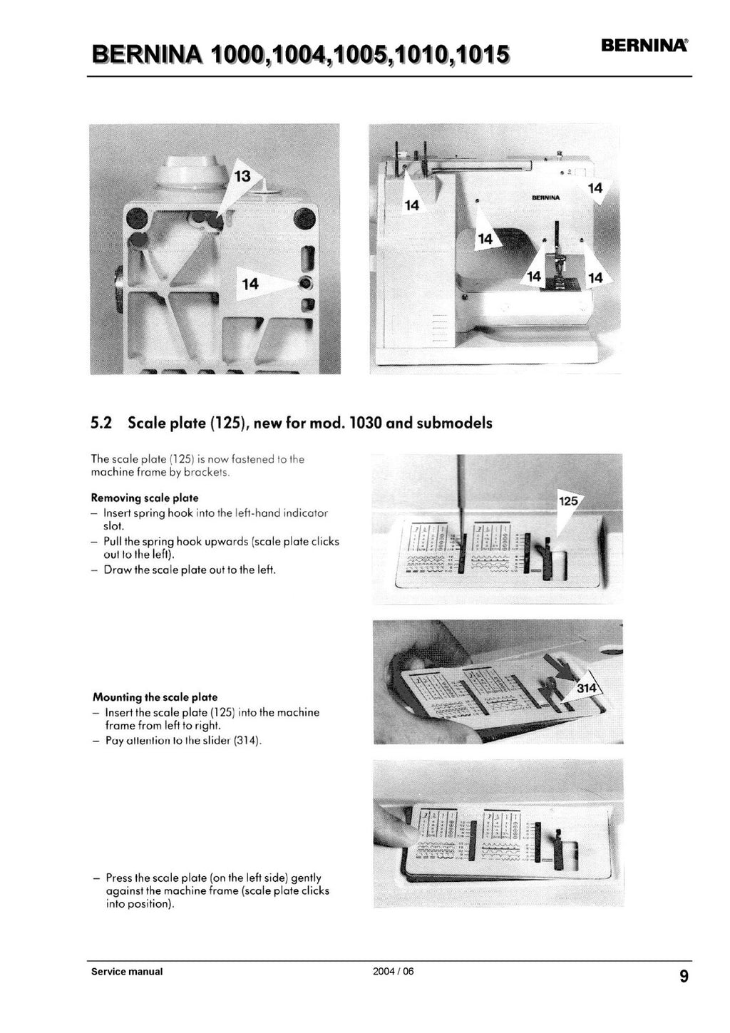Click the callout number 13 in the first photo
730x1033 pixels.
pyautogui.click(x=243, y=176)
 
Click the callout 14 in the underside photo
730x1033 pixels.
pyautogui.click(x=250, y=284)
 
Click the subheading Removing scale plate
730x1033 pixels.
pyautogui.click(x=145, y=498)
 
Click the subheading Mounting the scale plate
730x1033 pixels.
pyautogui.click(x=155, y=697)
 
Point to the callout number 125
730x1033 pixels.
pyautogui.click(x=568, y=501)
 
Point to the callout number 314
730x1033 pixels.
pyautogui.click(x=587, y=688)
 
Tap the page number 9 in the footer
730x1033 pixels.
pyautogui.click(x=684, y=977)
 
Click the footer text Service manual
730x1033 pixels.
pyautogui.click(x=127, y=972)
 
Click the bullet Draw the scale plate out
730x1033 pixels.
pyautogui.click(x=190, y=570)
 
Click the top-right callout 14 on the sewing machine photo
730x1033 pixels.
pyautogui.click(x=595, y=188)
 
